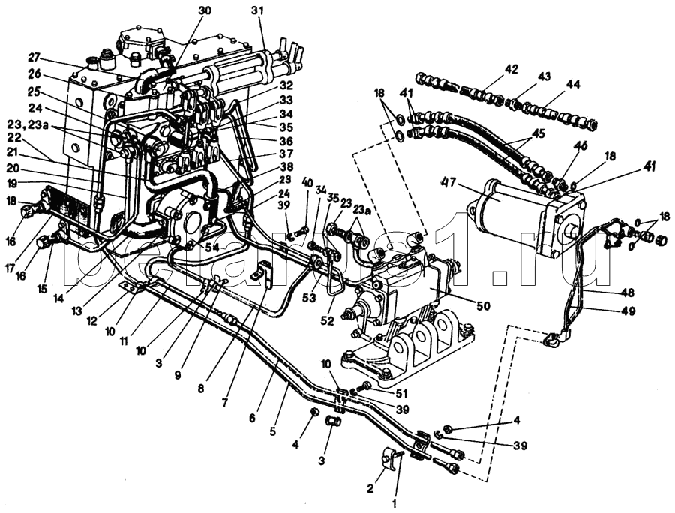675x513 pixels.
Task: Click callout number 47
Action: (448, 183)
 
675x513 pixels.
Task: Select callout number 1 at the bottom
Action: (394, 505)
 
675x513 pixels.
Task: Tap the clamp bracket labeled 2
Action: (390, 458)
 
